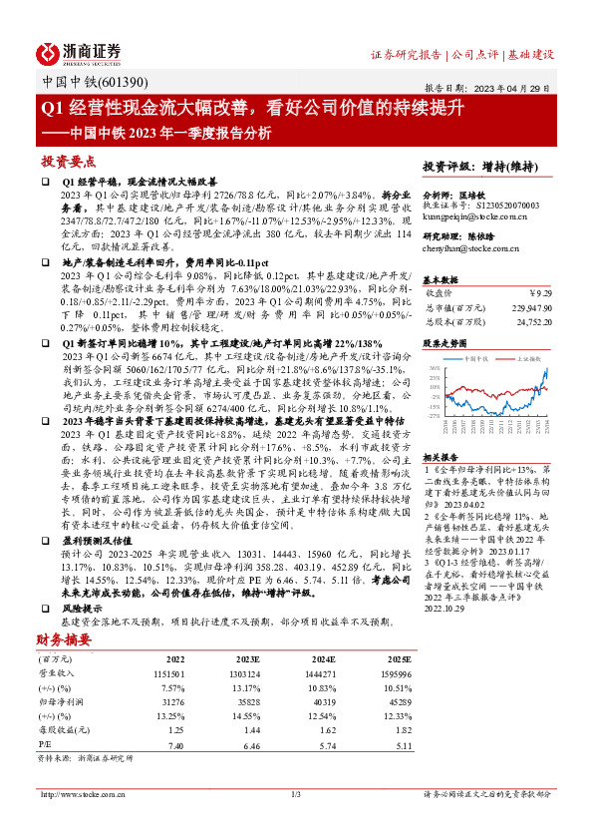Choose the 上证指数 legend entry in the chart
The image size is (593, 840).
click(x=528, y=356)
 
